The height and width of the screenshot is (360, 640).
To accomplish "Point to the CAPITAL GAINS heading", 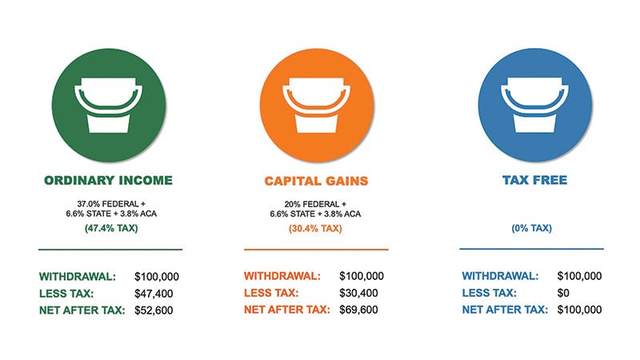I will pos(316,181).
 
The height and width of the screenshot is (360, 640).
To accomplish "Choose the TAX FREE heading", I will pos(534,180).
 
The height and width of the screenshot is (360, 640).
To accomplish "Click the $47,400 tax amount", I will pos(156,293).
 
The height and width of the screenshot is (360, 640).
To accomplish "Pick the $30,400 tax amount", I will pos(361,293).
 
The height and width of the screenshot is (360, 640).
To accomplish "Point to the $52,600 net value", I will pos(156,310).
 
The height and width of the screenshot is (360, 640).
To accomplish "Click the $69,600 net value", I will pos(361,310).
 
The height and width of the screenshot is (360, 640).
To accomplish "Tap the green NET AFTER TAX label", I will pos(82,310).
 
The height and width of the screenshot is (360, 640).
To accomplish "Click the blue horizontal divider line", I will pos(531,249).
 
